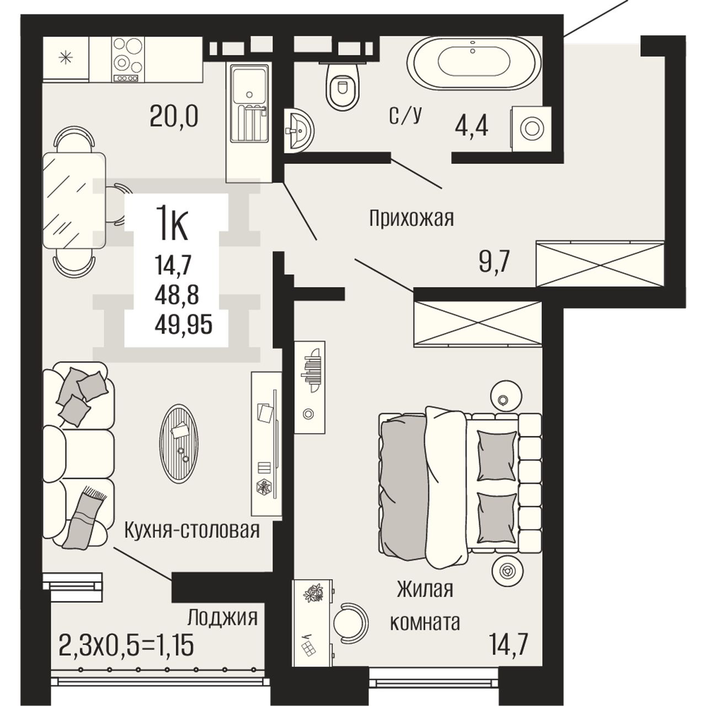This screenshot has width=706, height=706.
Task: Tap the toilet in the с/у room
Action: pyautogui.click(x=343, y=86)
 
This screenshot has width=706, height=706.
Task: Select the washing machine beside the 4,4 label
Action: pyautogui.click(x=531, y=128)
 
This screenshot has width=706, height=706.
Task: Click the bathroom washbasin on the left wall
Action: pyautogui.click(x=298, y=130)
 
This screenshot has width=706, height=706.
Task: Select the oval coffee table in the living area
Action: pyautogui.click(x=179, y=444)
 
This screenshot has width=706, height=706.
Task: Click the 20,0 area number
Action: pyautogui.click(x=174, y=116)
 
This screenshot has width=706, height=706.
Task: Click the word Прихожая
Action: pyautogui.click(x=411, y=219)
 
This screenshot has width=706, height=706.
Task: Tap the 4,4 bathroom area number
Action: pyautogui.click(x=471, y=127)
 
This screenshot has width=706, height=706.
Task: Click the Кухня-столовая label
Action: pyautogui.click(x=192, y=530)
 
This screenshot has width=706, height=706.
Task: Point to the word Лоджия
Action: pyautogui.click(x=222, y=618)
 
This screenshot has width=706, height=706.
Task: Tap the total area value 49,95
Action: pyautogui.click(x=183, y=325)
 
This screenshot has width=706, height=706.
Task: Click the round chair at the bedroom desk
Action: pyautogui.click(x=351, y=622)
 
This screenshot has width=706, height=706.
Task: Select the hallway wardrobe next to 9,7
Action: pyautogui.click(x=600, y=263)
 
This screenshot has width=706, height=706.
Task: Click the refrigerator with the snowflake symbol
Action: pyautogui.click(x=66, y=58)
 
